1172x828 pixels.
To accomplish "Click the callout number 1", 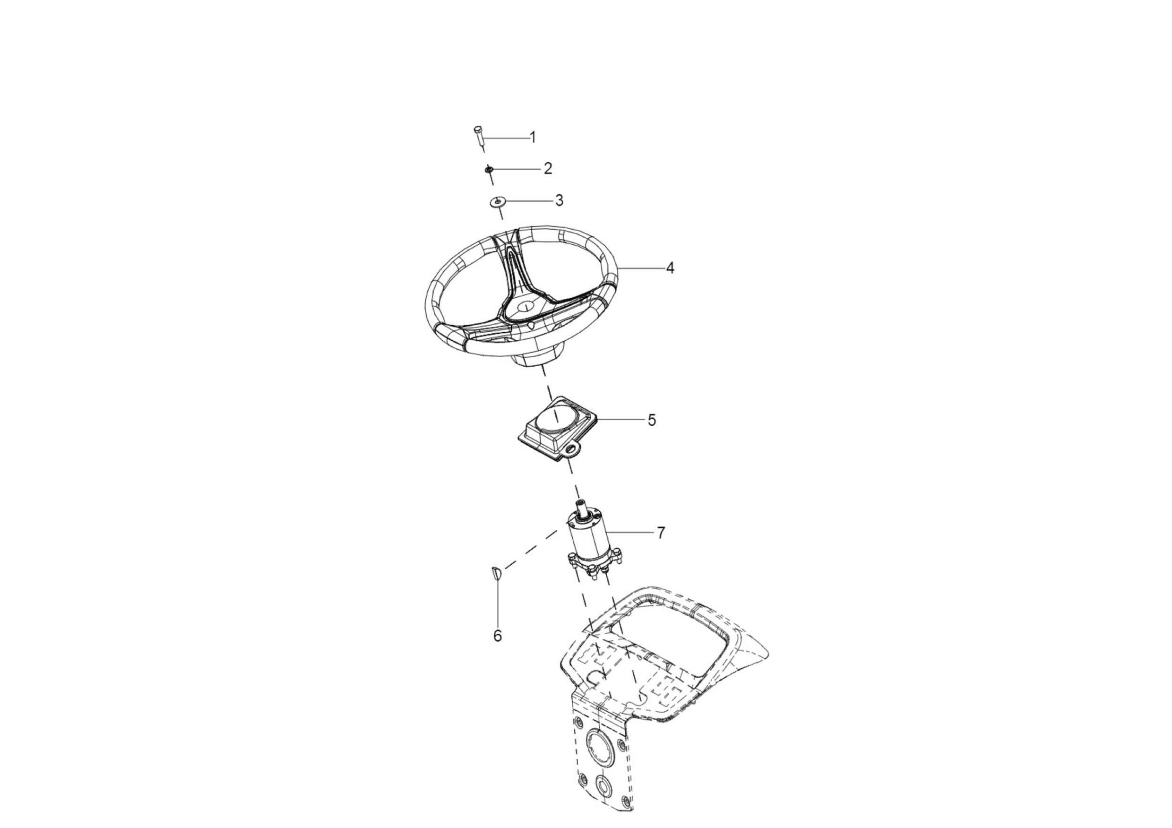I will pos(533,138).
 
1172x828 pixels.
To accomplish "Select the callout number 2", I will pos(548,168).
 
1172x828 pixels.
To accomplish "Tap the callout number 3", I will pos(559,200).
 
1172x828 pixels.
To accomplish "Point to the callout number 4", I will pos(670,267).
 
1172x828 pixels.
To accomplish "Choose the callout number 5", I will pos(651,420).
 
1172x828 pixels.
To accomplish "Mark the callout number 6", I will pos(497,636).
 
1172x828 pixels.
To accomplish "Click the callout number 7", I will pos(661,533).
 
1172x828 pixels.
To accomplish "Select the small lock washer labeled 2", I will pos(489,169).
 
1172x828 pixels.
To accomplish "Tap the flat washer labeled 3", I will pos(497,202).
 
